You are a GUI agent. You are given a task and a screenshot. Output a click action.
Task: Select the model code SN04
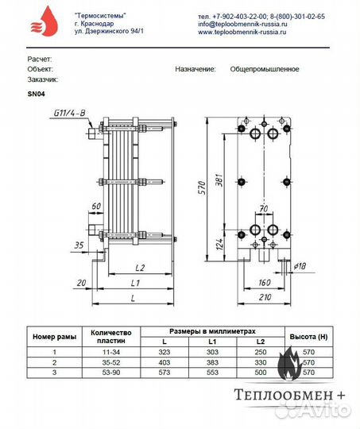click(37, 93)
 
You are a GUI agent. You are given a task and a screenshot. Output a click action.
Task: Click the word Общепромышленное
click(264, 69)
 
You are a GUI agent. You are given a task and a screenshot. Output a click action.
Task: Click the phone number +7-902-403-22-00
click(238, 16)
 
